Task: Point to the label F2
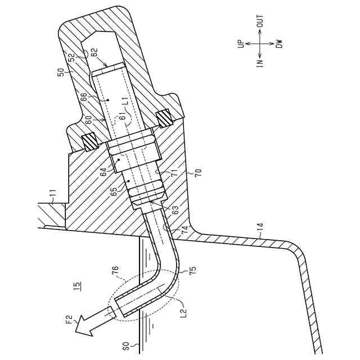click(70, 320)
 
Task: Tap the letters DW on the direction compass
click(278, 43)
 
